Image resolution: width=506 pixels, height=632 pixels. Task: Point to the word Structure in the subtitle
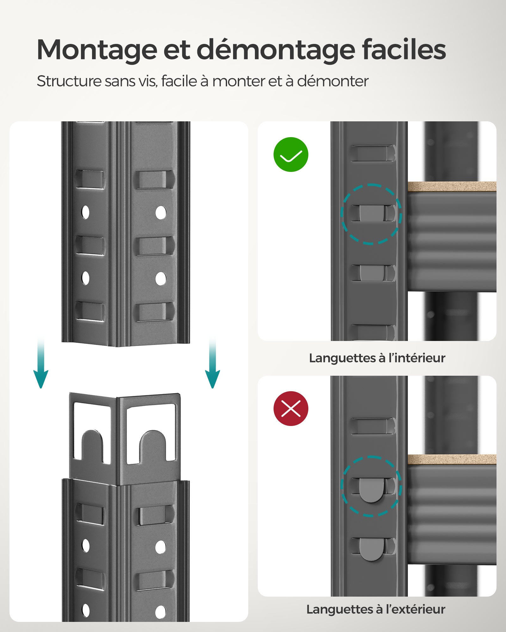(x=69, y=81)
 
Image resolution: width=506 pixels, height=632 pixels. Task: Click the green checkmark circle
(x=291, y=155)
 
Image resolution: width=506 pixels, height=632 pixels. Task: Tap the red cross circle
(x=291, y=409)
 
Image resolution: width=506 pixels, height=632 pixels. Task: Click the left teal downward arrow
(x=41, y=367)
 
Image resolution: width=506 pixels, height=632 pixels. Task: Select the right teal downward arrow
(x=213, y=367)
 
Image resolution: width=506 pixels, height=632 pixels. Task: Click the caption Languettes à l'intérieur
(x=377, y=358)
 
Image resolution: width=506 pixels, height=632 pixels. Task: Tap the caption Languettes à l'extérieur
(x=376, y=609)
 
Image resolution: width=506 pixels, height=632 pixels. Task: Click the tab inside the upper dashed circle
(x=371, y=213)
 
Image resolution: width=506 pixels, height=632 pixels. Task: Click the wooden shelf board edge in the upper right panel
(x=452, y=186)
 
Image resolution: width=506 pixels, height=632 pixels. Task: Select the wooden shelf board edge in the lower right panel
(x=452, y=459)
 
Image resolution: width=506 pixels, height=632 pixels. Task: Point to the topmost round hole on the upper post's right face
(x=161, y=213)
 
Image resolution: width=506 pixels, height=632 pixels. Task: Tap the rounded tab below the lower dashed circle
(x=371, y=549)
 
